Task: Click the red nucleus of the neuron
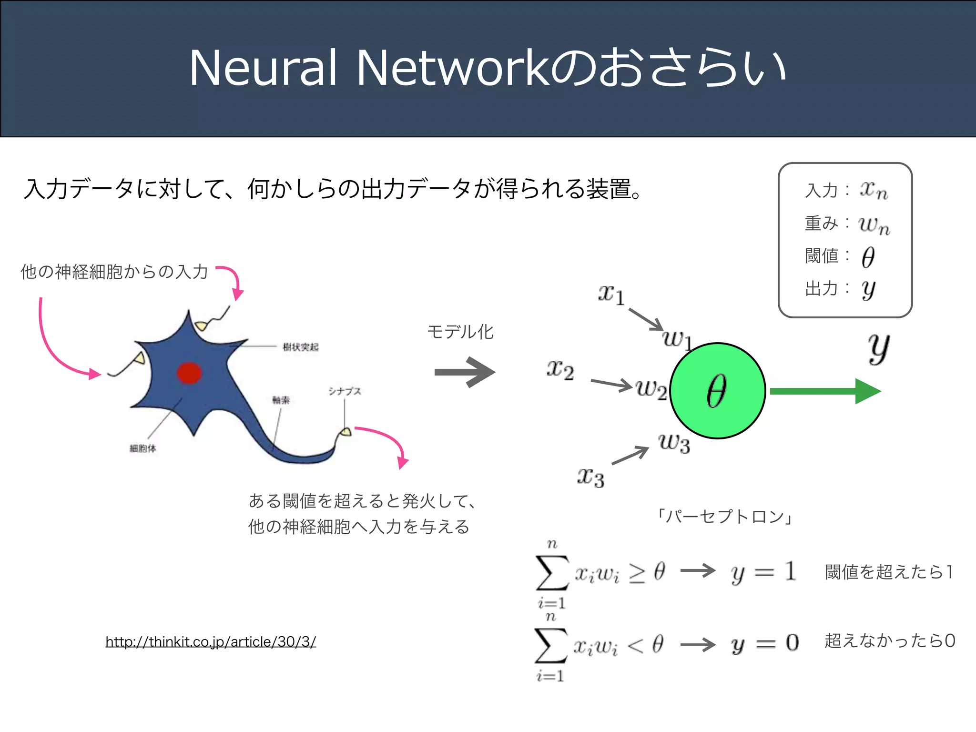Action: click(x=189, y=373)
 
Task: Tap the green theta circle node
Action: click(x=717, y=391)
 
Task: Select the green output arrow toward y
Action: click(x=824, y=391)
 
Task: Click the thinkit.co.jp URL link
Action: click(x=211, y=641)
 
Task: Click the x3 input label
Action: click(x=590, y=477)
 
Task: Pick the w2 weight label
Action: click(x=651, y=389)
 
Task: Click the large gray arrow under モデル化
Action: click(x=465, y=372)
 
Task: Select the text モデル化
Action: click(x=460, y=332)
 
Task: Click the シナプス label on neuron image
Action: click(x=345, y=391)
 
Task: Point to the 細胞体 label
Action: click(x=142, y=448)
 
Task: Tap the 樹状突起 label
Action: click(x=300, y=347)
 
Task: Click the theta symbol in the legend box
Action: click(x=868, y=257)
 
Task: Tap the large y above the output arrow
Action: click(x=878, y=348)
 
